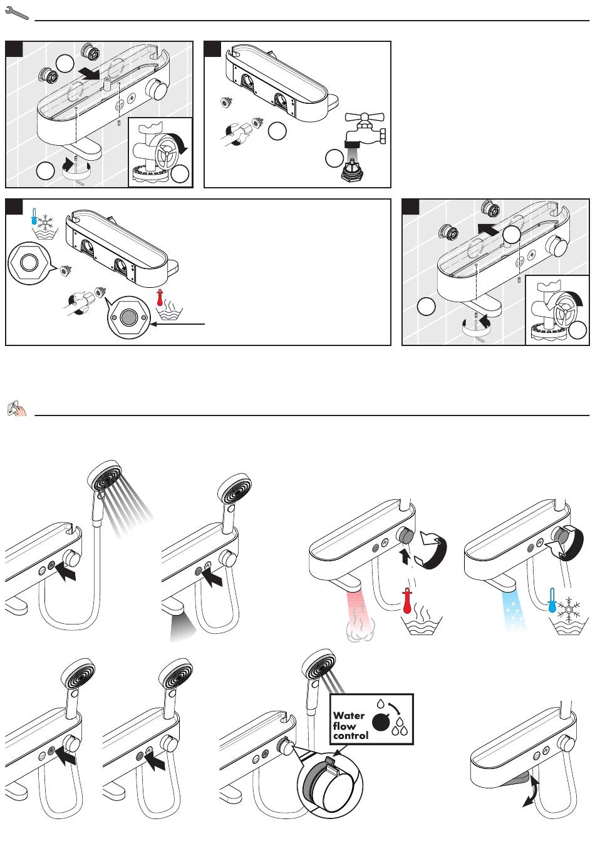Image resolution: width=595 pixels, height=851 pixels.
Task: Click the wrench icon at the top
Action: (x=16, y=13)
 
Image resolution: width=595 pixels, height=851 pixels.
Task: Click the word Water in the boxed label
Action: (x=349, y=715)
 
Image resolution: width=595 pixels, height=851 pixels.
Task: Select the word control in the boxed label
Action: (x=351, y=736)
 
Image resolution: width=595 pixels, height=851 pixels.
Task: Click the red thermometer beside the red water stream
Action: (x=408, y=601)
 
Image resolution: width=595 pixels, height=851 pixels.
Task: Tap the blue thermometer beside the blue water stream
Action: (x=553, y=600)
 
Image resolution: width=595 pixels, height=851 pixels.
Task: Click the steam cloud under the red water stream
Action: (x=360, y=629)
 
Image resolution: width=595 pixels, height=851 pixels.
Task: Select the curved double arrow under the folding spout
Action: (x=532, y=791)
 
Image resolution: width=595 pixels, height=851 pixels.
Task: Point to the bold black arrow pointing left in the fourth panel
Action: (x=487, y=228)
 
